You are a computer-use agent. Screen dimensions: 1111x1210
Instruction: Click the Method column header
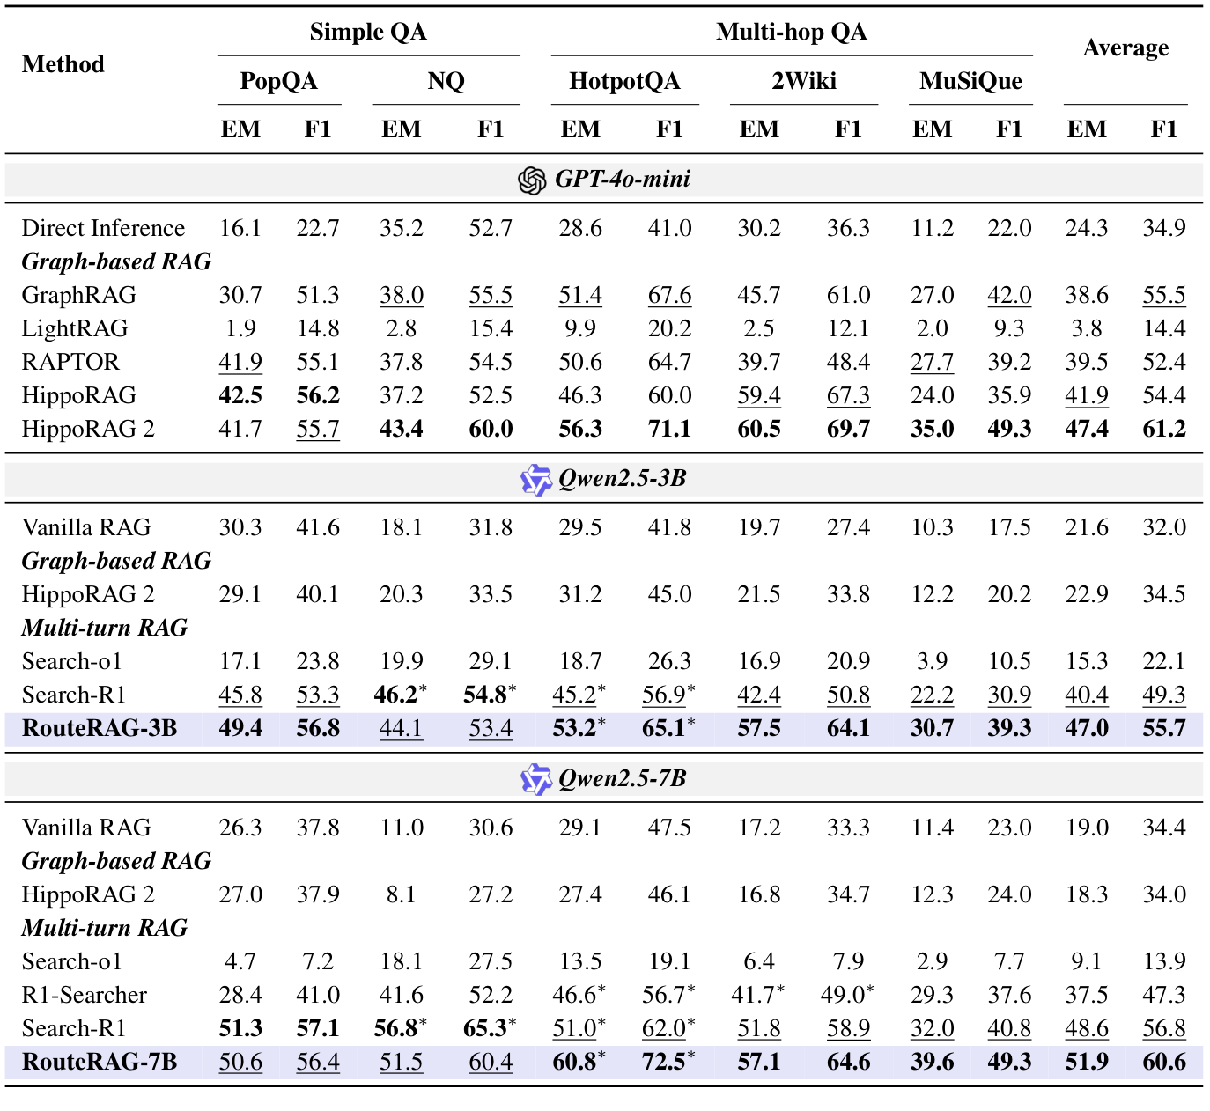[63, 64]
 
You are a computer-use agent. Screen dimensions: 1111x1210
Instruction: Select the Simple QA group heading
[368, 33]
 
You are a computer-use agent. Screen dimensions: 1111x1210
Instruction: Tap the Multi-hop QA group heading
[791, 33]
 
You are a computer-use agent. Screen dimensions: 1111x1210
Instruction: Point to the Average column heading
[1125, 48]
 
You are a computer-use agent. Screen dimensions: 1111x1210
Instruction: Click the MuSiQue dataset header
[970, 82]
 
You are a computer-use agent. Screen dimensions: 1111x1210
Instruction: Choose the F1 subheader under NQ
[491, 130]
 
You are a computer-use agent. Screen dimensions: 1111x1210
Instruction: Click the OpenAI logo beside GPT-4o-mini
[532, 180]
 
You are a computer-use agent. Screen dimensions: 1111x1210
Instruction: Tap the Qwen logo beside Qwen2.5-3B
[535, 480]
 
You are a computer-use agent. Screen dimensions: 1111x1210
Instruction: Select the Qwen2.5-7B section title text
[622, 779]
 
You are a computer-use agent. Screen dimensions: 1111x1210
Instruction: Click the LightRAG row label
[75, 329]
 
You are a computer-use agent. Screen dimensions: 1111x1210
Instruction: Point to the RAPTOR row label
[70, 363]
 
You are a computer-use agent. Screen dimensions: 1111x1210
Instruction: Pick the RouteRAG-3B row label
[100, 729]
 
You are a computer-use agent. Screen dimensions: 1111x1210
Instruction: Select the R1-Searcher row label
[85, 996]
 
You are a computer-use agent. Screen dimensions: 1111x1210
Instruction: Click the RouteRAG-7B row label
[100, 1063]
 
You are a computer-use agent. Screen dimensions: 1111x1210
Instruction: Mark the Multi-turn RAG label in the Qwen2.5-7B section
[105, 929]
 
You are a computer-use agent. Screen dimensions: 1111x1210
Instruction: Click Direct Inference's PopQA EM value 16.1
[240, 229]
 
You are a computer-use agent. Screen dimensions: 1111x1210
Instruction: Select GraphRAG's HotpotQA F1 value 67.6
[669, 296]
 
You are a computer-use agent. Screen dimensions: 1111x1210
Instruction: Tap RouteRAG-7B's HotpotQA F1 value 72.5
[665, 1063]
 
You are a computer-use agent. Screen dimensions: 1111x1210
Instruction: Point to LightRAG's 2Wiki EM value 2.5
[758, 329]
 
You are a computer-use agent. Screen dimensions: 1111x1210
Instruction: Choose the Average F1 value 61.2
[1163, 430]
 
